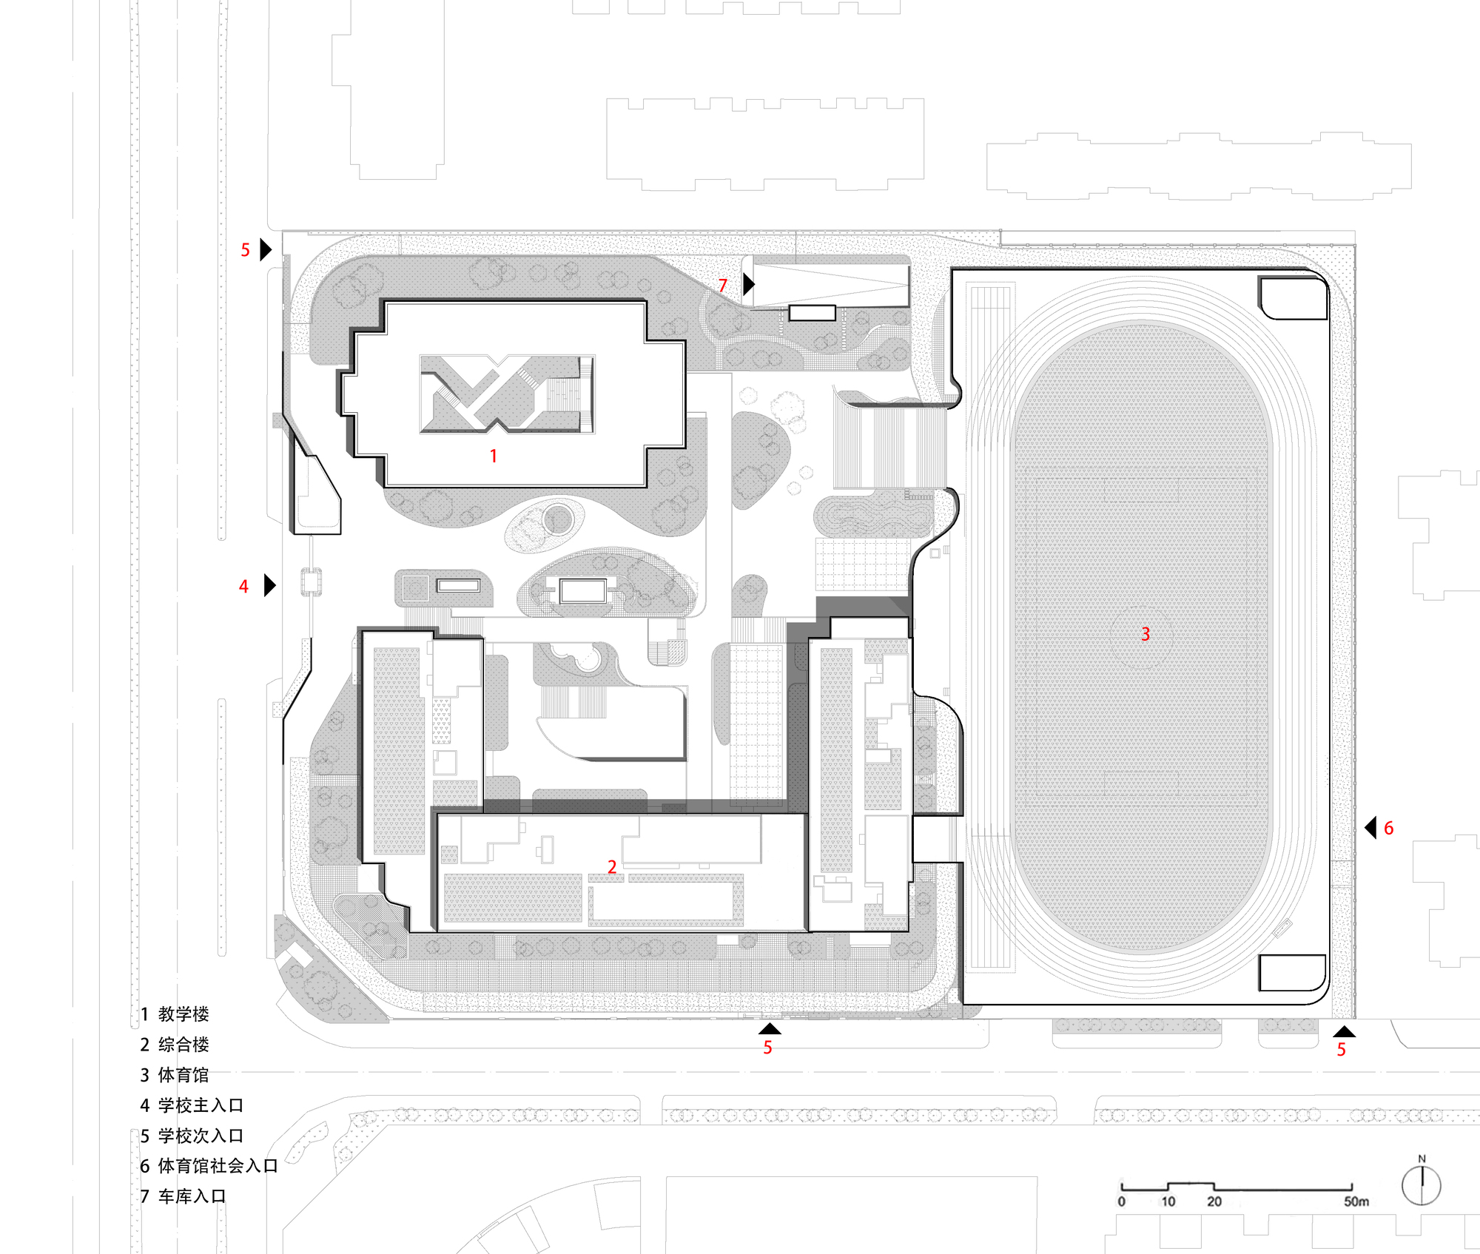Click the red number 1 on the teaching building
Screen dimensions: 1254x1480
coord(494,456)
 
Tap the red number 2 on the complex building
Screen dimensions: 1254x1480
coord(612,866)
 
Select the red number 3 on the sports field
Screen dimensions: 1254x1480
coord(1146,634)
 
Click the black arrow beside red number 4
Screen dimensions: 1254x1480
coord(269,585)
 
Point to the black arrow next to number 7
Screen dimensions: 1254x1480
coord(748,283)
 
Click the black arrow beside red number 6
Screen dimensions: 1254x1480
coord(1370,827)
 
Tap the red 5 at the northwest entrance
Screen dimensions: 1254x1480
coord(246,250)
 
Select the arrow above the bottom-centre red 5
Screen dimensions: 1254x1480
coord(770,1028)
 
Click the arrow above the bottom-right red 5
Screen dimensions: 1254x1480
coord(1345,1031)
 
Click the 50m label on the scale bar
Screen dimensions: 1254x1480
coord(1356,1201)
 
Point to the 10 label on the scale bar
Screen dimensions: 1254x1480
coord(1168,1201)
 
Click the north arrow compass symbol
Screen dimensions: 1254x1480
coord(1421,1184)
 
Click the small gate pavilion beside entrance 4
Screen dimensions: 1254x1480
coord(312,582)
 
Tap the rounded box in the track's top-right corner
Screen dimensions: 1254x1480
coord(1293,297)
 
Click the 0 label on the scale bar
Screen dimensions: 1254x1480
coord(1122,1201)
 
